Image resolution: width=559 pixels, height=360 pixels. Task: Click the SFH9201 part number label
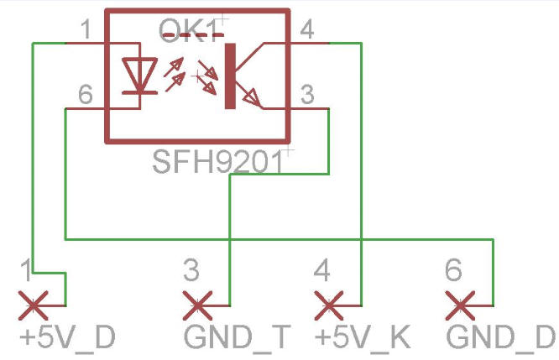pyautogui.click(x=217, y=160)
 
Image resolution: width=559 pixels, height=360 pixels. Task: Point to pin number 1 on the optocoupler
pyautogui.click(x=85, y=31)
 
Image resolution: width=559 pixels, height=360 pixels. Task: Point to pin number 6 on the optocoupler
pyautogui.click(x=85, y=96)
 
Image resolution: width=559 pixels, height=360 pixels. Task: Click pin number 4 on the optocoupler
pyautogui.click(x=307, y=31)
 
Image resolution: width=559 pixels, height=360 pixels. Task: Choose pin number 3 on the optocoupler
pyautogui.click(x=307, y=96)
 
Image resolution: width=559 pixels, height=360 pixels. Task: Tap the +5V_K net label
pyautogui.click(x=362, y=337)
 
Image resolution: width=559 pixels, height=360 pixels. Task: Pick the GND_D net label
pyautogui.click(x=500, y=337)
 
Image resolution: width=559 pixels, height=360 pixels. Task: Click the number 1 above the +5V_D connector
pyautogui.click(x=28, y=270)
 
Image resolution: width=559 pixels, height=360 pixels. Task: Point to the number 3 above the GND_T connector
pyautogui.click(x=191, y=270)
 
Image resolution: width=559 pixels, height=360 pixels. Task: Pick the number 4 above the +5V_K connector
pyautogui.click(x=321, y=270)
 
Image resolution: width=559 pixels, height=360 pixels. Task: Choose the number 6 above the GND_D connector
pyautogui.click(x=453, y=270)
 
